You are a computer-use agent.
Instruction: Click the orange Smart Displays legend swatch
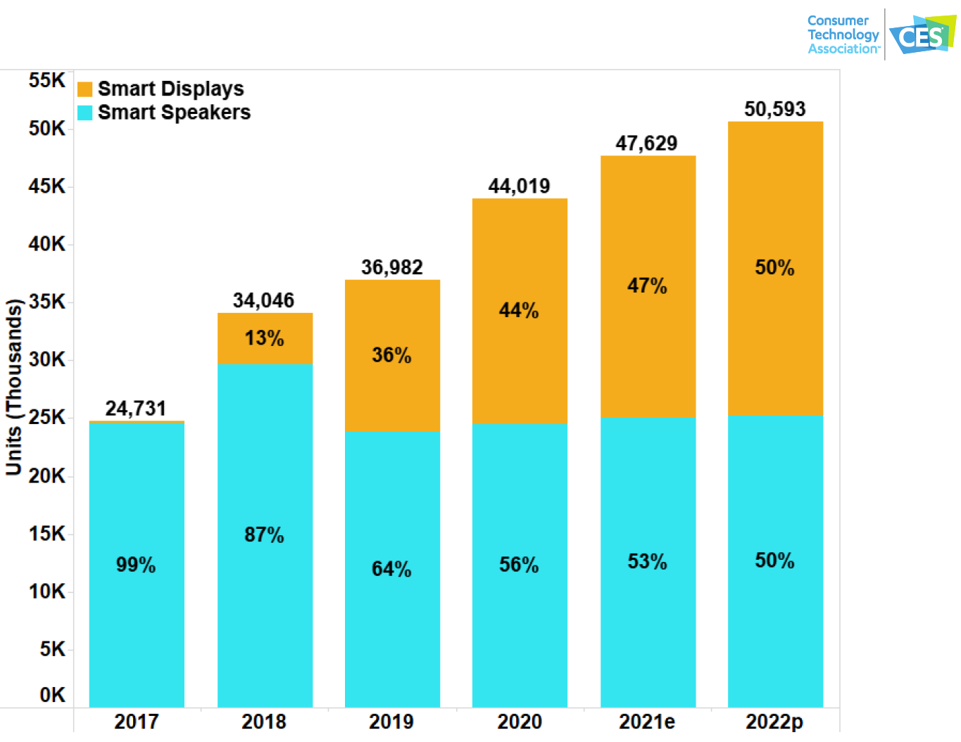(x=84, y=89)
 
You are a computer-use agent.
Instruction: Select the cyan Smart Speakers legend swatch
(x=84, y=113)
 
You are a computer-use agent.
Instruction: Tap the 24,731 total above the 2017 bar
(x=136, y=409)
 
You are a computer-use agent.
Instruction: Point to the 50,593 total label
(x=774, y=109)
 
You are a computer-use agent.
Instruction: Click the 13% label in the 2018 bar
(x=264, y=338)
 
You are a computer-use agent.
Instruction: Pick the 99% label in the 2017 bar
(x=136, y=565)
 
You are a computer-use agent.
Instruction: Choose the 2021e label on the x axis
(x=646, y=722)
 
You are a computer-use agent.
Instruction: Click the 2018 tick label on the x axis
(x=264, y=722)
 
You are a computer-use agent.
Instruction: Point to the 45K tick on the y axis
(x=46, y=186)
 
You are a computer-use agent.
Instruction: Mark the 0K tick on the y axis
(x=52, y=695)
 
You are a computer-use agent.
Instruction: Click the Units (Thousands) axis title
(x=14, y=387)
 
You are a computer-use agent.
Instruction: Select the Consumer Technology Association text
(x=843, y=34)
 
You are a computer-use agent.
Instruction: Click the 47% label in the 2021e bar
(x=647, y=286)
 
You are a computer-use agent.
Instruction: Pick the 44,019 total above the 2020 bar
(x=520, y=186)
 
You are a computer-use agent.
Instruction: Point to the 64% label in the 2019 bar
(x=391, y=569)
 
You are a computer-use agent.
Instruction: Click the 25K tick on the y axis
(x=46, y=417)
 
